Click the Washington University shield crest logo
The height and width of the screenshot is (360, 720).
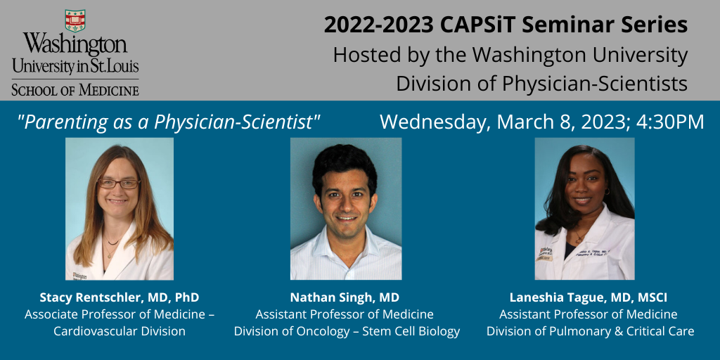(75, 20)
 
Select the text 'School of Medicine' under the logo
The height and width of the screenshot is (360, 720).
(75, 89)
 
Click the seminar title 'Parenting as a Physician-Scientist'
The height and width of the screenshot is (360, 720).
(168, 122)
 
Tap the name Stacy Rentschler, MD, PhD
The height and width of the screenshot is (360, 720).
(120, 297)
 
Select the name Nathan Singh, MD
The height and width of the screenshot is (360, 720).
(345, 297)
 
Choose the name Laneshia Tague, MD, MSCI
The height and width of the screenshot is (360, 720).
(589, 297)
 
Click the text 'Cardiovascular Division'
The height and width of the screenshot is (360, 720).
(120, 331)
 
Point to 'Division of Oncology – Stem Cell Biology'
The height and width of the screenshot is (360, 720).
(347, 331)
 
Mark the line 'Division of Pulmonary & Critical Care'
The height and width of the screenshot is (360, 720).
(591, 331)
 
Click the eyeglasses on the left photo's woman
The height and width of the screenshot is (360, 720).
(118, 184)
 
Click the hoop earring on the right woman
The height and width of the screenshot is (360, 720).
(607, 191)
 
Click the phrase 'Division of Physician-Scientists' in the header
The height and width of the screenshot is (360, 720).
(542, 84)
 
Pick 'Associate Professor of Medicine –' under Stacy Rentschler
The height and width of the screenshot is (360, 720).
(120, 314)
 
